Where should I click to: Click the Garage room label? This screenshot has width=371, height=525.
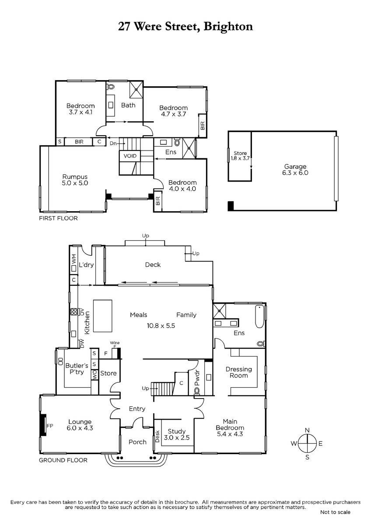pos(295,166)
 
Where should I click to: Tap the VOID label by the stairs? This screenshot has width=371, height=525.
pos(130,156)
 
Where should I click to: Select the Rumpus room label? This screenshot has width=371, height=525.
pos(75,177)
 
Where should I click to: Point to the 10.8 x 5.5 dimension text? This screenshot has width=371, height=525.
pos(161,325)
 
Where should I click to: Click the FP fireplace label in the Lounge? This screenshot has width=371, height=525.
pos(50,426)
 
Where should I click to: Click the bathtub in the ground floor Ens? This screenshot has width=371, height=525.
pos(259,316)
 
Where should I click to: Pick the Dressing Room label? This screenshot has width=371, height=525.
pos(238,372)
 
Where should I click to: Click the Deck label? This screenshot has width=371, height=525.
pos(153,265)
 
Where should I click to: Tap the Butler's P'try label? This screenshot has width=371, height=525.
pos(77,369)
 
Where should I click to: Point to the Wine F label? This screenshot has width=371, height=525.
pos(115,344)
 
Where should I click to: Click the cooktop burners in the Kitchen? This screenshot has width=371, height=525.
pos(74,311)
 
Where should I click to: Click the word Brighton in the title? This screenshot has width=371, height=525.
pos(228,26)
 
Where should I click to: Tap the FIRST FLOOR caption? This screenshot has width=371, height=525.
pos(58,218)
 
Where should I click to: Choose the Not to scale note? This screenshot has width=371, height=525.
pos(335,512)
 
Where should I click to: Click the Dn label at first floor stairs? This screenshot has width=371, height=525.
pos(113,143)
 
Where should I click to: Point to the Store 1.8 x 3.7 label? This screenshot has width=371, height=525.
pos(240,156)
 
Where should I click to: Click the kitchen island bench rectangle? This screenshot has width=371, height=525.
pos(103,316)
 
